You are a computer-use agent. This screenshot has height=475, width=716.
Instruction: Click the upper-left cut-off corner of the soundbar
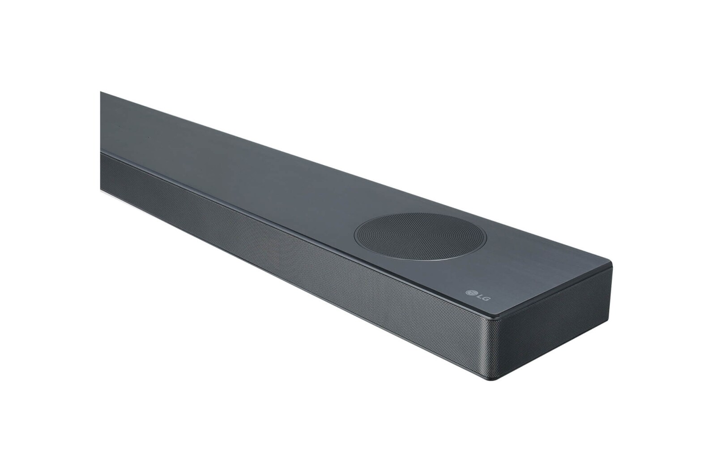coord(101,92)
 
